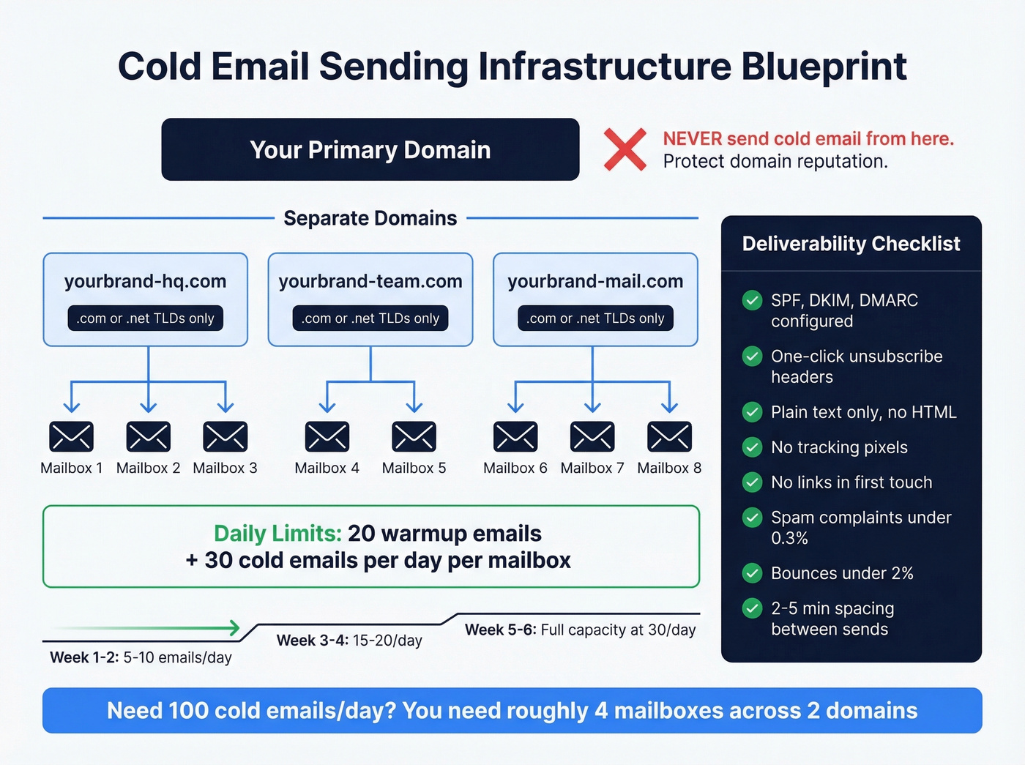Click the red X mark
(x=625, y=149)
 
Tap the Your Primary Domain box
(x=370, y=149)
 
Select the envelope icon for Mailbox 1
(x=71, y=436)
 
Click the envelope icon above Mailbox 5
(x=414, y=436)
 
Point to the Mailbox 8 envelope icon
(x=669, y=436)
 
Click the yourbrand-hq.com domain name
(x=145, y=281)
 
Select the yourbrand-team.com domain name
(x=370, y=281)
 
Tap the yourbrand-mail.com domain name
(x=595, y=281)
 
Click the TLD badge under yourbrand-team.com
(x=370, y=318)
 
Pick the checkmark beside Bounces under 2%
(x=752, y=572)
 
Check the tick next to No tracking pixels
(x=752, y=447)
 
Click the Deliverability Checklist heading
(x=851, y=244)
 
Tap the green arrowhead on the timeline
(x=234, y=627)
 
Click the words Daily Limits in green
(x=277, y=534)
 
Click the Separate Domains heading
(x=370, y=218)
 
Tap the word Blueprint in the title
(x=824, y=67)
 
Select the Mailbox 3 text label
(x=225, y=469)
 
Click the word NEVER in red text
(x=693, y=139)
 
